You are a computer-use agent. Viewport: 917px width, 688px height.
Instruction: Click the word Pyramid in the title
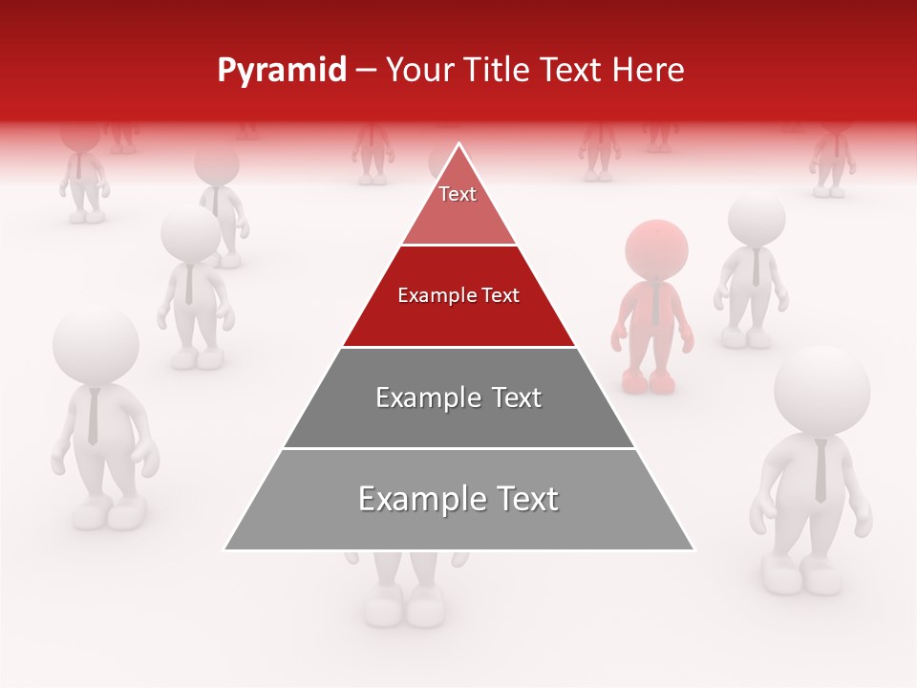(281, 71)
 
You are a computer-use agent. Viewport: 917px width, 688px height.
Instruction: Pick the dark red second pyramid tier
(458, 296)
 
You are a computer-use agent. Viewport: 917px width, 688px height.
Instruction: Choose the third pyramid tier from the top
(458, 398)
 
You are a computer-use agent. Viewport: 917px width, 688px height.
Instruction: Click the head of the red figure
(656, 249)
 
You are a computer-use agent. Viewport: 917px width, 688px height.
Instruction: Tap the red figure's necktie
(655, 304)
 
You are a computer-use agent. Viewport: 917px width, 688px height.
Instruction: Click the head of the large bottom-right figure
(821, 391)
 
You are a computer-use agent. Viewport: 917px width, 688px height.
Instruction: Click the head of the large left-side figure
(96, 345)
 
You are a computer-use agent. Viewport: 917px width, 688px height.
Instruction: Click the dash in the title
(366, 71)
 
